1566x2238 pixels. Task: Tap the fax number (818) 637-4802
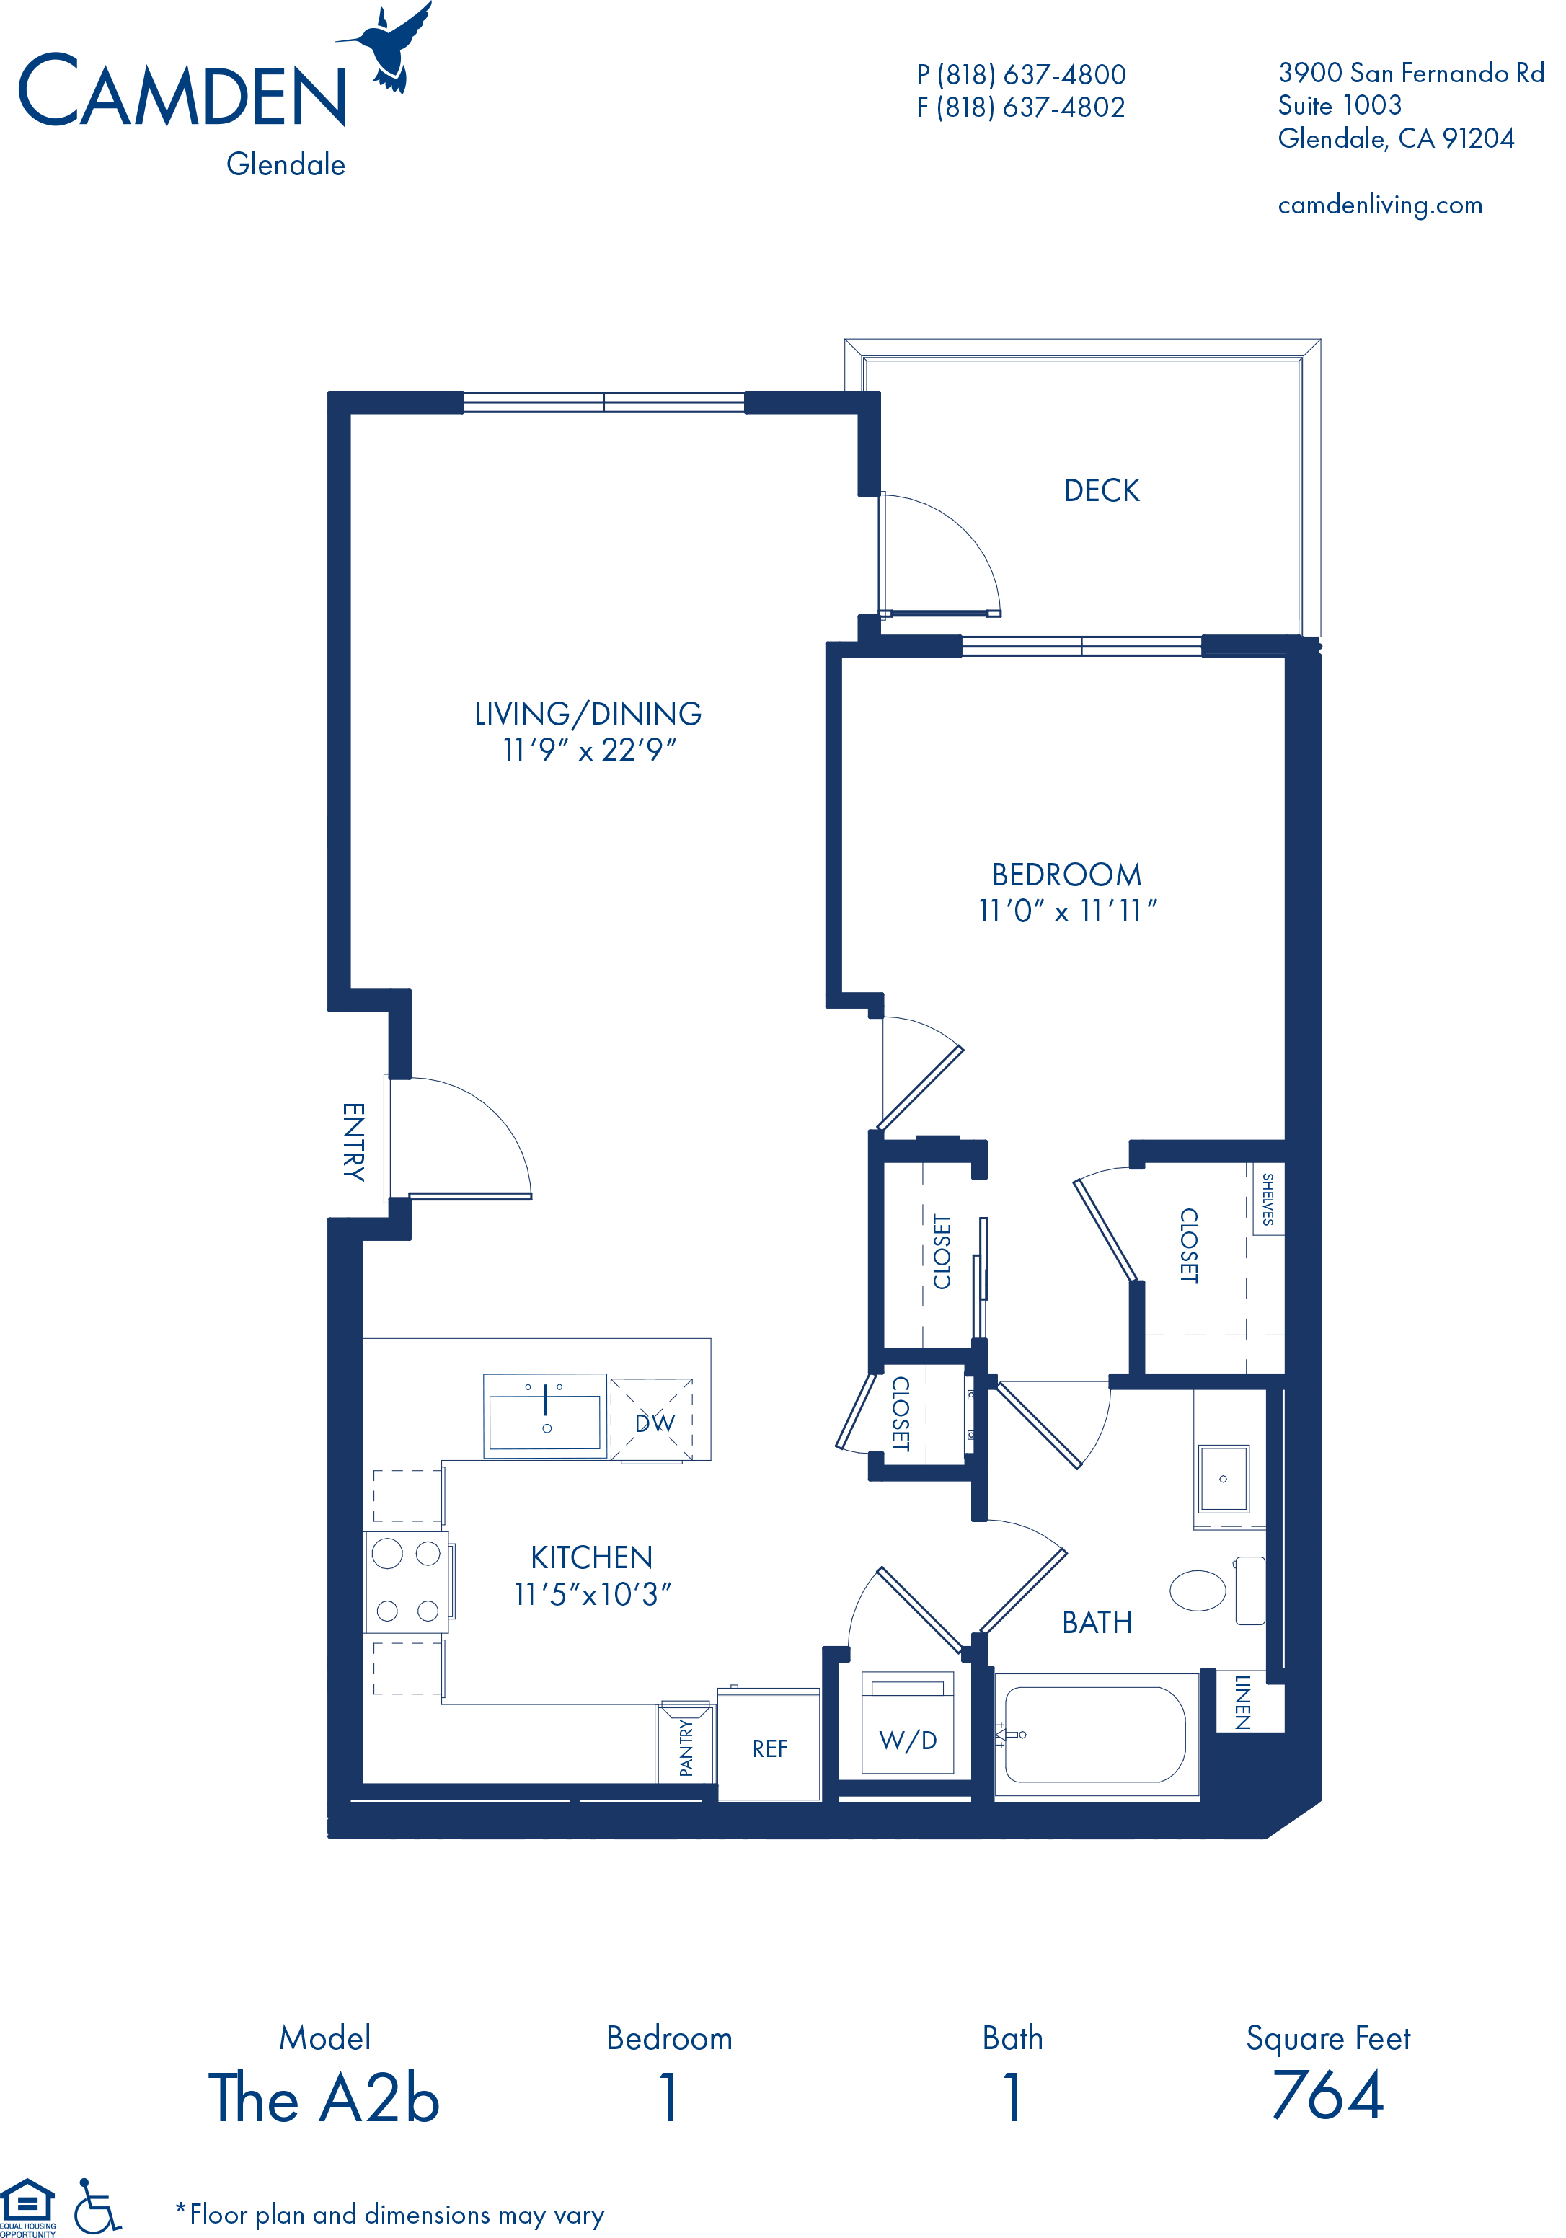tap(1030, 107)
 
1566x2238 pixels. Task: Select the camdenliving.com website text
tap(1380, 205)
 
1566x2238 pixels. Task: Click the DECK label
tap(1101, 490)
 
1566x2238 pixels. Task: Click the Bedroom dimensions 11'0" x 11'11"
tap(1067, 911)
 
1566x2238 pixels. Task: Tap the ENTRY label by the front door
tap(353, 1141)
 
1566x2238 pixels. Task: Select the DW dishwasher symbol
tap(652, 1419)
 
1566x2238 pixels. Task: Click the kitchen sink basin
tap(545, 1422)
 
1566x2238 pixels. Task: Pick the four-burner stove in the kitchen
tap(407, 1582)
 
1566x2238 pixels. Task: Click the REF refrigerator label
tap(770, 1748)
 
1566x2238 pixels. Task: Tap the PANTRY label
tap(686, 1748)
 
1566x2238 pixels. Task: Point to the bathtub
tap(1095, 1734)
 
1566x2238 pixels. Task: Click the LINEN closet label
tap(1242, 1702)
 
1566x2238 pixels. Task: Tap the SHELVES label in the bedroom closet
tap(1268, 1198)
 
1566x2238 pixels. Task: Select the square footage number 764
tap(1328, 2097)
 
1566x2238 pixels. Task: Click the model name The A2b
tap(324, 2097)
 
